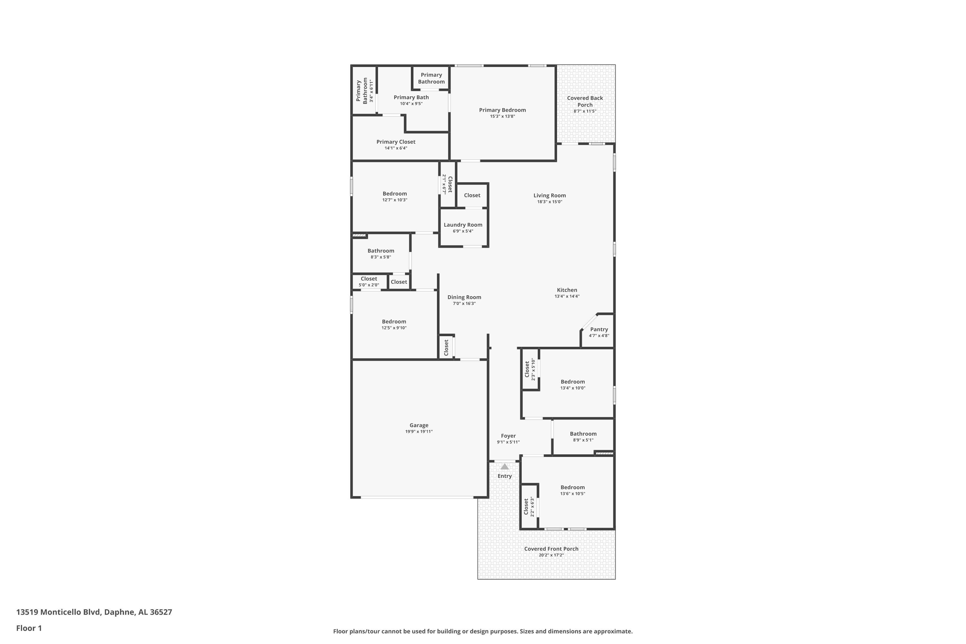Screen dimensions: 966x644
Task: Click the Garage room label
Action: pos(419,425)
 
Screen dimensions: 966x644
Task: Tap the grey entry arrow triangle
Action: pos(505,467)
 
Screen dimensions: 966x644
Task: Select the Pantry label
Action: pos(599,329)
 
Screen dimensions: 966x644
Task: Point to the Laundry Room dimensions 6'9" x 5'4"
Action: pos(463,231)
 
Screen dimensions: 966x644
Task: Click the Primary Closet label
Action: pos(396,142)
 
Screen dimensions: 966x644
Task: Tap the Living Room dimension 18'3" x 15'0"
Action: pos(550,202)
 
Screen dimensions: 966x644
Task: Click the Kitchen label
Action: pos(567,290)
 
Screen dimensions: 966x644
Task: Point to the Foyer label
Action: pos(508,436)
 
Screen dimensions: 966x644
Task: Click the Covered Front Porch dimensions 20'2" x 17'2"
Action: pos(551,555)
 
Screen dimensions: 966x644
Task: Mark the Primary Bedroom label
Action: pos(502,110)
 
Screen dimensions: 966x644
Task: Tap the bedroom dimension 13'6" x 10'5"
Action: pos(573,494)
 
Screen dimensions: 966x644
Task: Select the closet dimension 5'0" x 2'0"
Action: pos(369,285)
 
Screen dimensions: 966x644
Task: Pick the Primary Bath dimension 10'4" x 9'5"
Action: pos(411,103)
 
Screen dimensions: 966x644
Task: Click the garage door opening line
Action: pos(417,497)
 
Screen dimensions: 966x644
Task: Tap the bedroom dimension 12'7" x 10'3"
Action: pos(395,200)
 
